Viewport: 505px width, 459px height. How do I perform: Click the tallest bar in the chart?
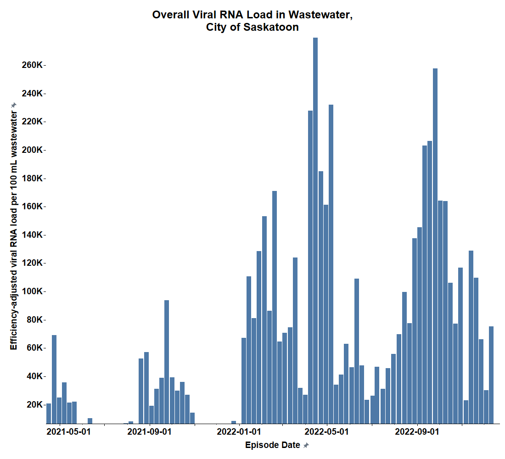[315, 229]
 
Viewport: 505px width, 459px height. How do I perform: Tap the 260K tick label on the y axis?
[32, 65]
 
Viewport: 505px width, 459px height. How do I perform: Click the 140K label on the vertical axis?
[32, 235]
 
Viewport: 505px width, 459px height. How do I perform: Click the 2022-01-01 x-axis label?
[239, 432]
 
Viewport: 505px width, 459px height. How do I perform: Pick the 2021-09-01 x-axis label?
[149, 432]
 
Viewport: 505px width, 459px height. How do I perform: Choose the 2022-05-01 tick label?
[327, 432]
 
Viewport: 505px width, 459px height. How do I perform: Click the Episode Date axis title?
[273, 445]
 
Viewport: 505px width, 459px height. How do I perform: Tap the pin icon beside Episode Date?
[306, 445]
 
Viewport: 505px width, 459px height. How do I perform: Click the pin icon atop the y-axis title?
[14, 105]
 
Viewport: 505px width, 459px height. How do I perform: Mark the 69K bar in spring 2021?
[54, 379]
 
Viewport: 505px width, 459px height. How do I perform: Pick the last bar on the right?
[491, 375]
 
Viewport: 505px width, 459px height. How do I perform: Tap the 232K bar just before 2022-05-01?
[331, 264]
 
